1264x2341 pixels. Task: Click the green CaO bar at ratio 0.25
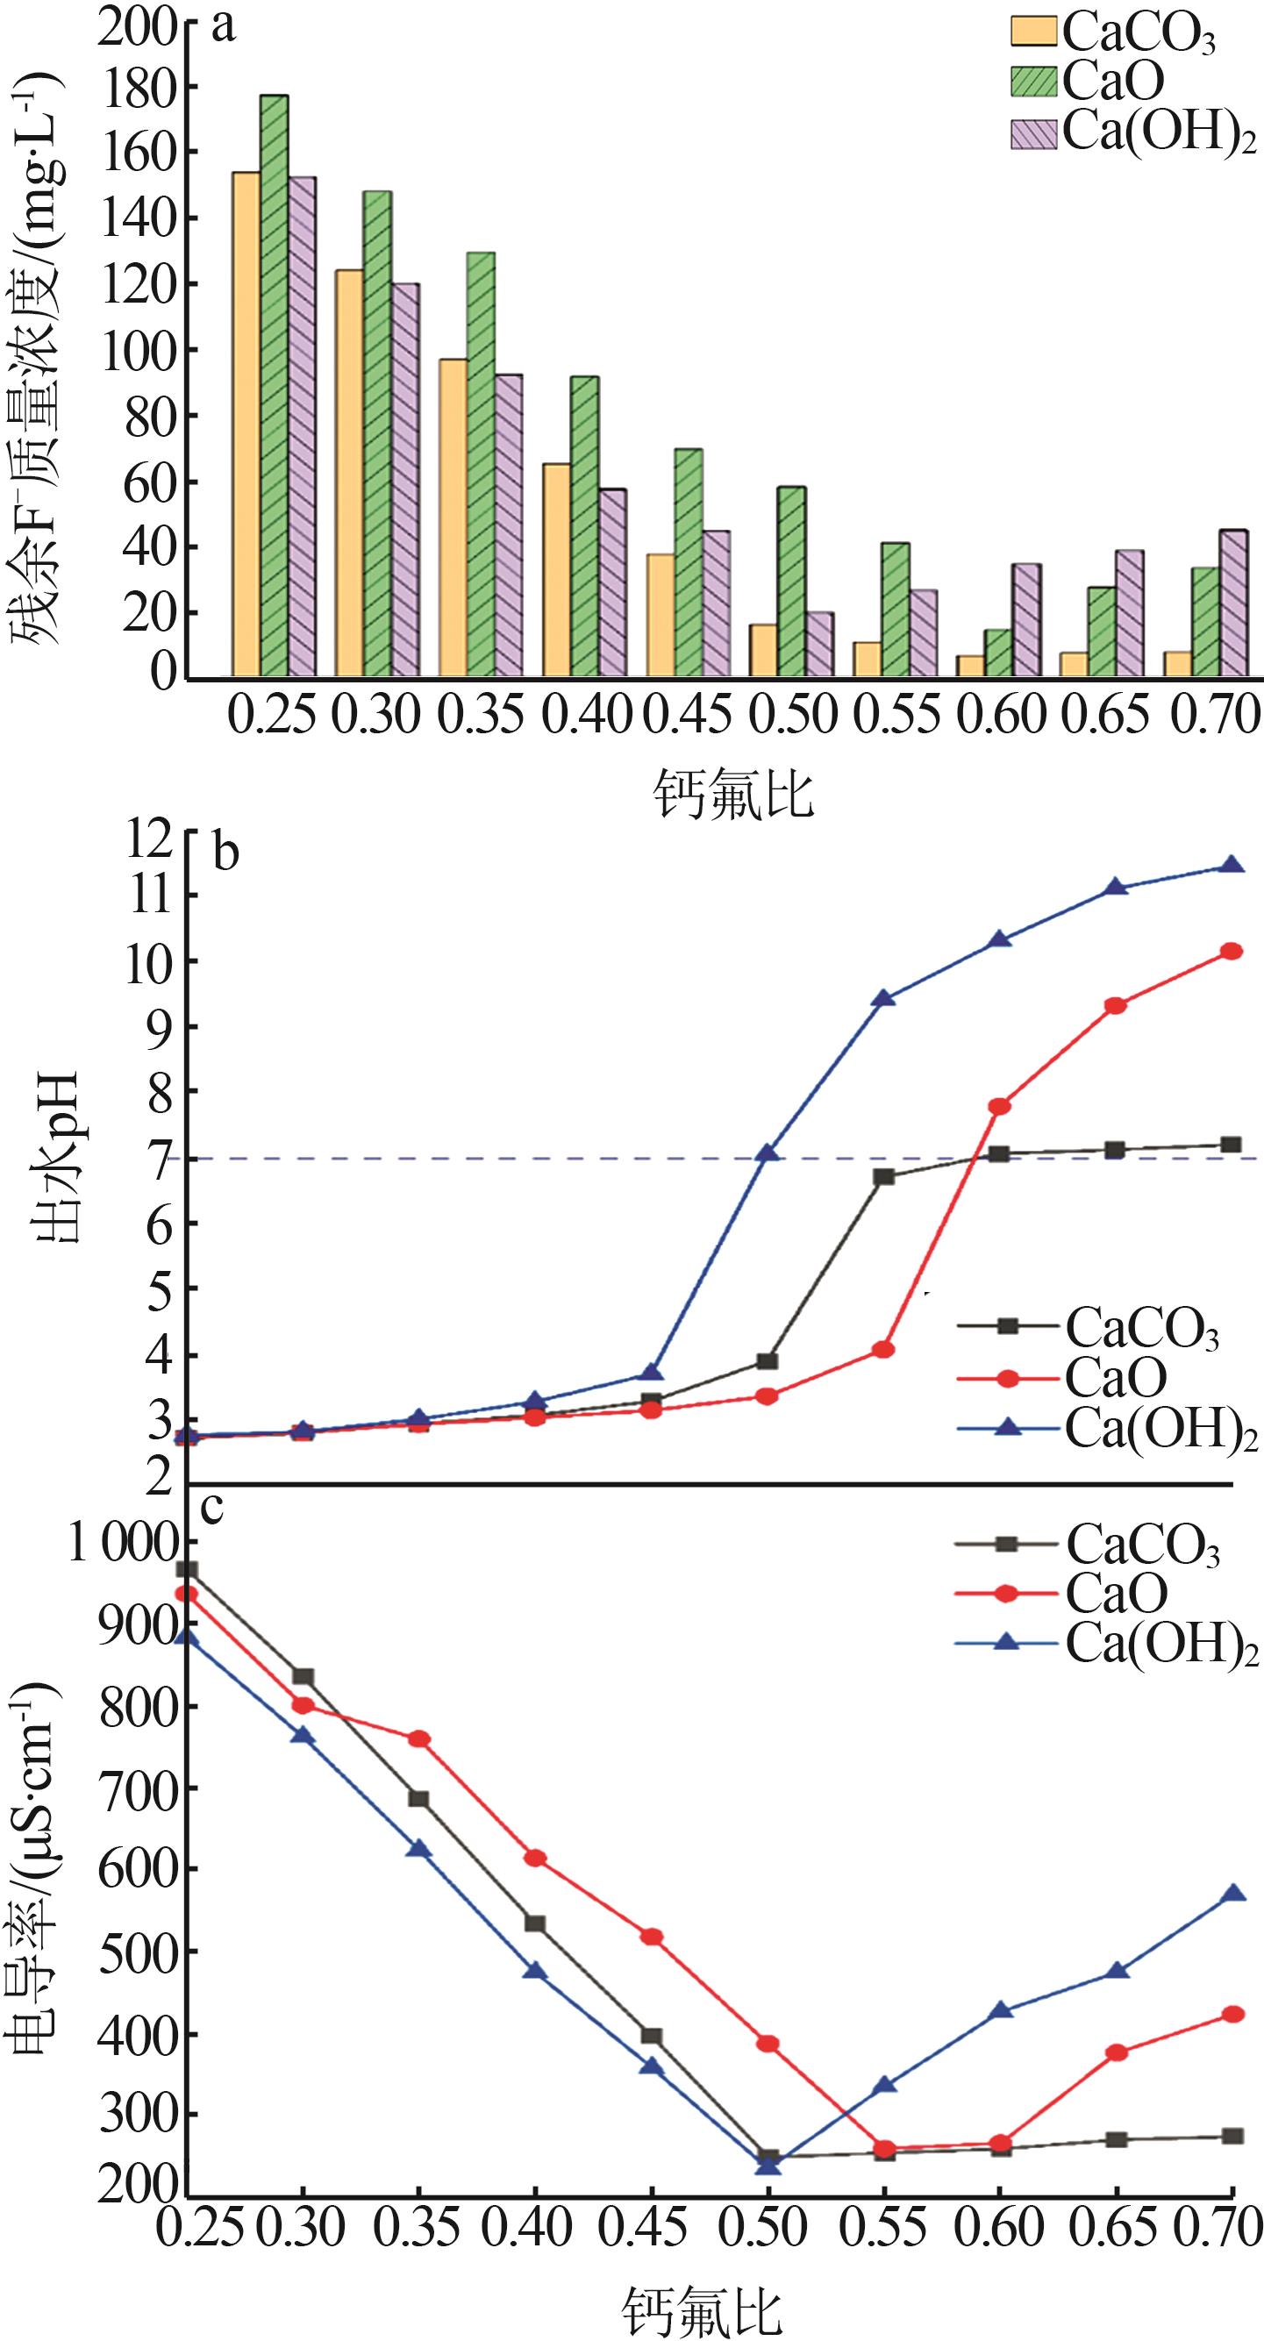pos(275,386)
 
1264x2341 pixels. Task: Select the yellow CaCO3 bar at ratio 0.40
pos(556,571)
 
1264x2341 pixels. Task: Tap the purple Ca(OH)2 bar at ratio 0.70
pos(1233,604)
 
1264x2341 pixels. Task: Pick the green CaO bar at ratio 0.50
pos(791,582)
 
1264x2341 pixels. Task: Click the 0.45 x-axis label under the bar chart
pos(688,714)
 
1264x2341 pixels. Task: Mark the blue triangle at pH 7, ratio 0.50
pos(768,1153)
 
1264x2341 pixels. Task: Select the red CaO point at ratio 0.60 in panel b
pos(1000,1106)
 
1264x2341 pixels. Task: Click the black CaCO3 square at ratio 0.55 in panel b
pos(883,1177)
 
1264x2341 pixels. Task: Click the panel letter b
pos(225,853)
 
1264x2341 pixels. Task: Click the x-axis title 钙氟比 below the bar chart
pos(732,795)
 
